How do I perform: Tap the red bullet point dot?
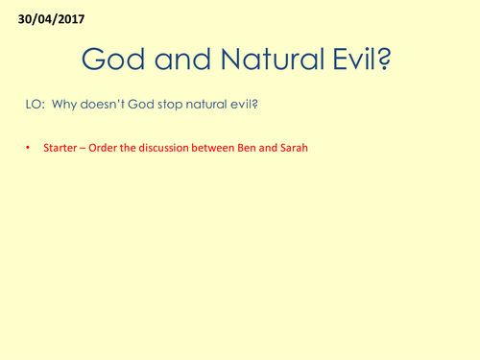(29, 150)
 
